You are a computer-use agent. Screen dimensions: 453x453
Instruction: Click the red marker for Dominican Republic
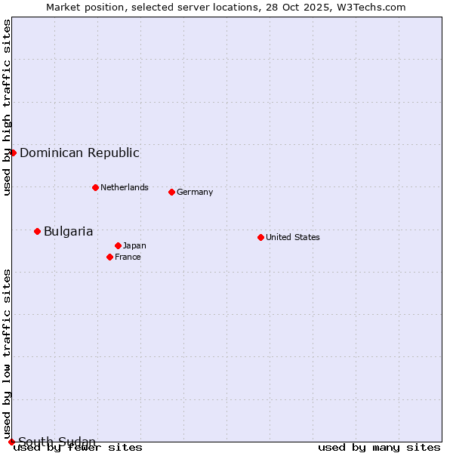pos(13,153)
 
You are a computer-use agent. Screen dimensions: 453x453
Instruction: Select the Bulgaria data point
pos(37,231)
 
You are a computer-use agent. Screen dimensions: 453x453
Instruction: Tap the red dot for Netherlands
pos(95,187)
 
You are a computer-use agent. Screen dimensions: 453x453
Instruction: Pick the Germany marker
pos(171,192)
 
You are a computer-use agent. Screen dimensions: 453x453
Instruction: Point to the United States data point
pos(260,237)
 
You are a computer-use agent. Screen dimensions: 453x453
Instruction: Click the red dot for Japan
pos(118,245)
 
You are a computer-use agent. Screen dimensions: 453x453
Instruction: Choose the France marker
pos(109,257)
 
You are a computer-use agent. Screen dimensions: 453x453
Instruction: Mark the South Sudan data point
pos(11,442)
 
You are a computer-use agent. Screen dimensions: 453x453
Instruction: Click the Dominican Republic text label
pos(79,153)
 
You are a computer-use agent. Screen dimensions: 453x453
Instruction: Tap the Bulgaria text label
pos(68,231)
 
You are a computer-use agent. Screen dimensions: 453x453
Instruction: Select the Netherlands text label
pos(125,187)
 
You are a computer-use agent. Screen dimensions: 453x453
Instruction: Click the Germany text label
pos(195,192)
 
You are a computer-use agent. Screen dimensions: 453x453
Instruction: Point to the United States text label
pos(293,237)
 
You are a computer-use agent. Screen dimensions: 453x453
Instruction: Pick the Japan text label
pos(134,245)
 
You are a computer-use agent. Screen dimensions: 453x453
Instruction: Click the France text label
pos(128,257)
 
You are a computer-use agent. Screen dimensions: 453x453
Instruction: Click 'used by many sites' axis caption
pos(379,447)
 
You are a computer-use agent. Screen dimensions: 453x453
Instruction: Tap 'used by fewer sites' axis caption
pos(79,447)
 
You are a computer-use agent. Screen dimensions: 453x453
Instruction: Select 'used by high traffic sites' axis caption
pos(7,107)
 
